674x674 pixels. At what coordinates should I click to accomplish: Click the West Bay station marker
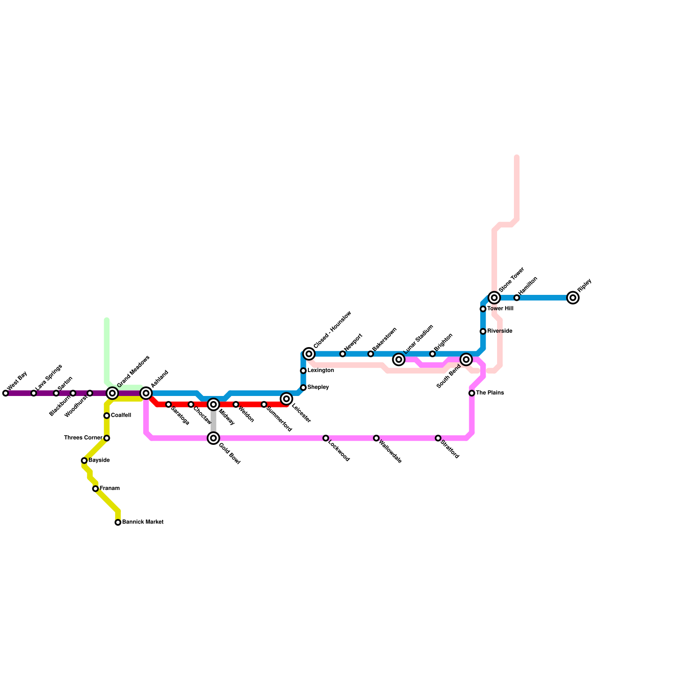coord(5,393)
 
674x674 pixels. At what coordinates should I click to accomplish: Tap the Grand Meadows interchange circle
coord(112,393)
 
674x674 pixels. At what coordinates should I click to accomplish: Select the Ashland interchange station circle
coord(146,393)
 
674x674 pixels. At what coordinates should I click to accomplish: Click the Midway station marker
coord(214,404)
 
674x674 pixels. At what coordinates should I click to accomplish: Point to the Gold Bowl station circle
coord(214,438)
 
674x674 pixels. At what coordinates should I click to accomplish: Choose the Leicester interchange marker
coord(286,399)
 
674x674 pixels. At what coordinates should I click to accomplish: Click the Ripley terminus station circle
coord(573,298)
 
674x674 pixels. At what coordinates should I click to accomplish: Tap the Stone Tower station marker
coord(495,298)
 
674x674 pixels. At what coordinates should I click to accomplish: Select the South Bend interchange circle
coord(466,359)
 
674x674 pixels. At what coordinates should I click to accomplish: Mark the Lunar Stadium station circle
coord(399,359)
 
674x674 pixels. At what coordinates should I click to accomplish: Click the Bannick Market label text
coord(142,522)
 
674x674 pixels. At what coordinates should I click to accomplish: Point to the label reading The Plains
coord(489,393)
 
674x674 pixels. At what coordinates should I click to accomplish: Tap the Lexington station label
coord(321,371)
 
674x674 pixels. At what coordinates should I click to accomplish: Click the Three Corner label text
coord(83,438)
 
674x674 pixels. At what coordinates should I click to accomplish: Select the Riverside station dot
coord(483,332)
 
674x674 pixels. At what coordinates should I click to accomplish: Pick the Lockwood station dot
coord(326,438)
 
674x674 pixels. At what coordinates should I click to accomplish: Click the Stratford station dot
coord(438,438)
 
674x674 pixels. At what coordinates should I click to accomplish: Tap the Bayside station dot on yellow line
coord(84,460)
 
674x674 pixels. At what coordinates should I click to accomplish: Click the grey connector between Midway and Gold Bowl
coord(214,421)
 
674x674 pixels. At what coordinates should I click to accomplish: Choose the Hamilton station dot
coord(517,298)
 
